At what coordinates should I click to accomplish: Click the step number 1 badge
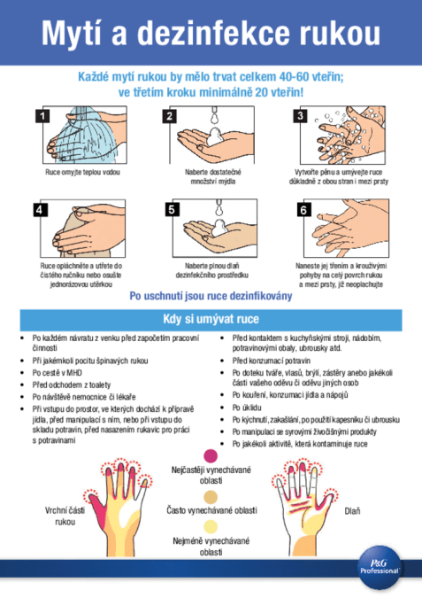42,115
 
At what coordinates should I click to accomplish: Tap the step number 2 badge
169,115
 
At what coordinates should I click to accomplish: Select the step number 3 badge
300,115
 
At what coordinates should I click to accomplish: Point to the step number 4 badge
40,209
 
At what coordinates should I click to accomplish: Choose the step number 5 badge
172,209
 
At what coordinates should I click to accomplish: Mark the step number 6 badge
303,209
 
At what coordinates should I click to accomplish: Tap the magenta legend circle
211,455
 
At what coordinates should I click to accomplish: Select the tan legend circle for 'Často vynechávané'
211,497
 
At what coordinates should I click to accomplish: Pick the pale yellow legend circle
211,526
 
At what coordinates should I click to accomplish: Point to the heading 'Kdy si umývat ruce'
211,319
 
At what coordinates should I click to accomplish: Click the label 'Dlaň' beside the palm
352,511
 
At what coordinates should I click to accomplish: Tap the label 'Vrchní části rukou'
65,516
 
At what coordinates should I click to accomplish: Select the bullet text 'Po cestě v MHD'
58,373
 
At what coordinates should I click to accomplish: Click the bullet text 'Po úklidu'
247,408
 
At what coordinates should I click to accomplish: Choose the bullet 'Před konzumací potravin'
272,361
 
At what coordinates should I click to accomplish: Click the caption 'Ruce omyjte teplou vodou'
82,172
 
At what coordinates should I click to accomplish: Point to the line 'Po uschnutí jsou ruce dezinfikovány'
211,296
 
